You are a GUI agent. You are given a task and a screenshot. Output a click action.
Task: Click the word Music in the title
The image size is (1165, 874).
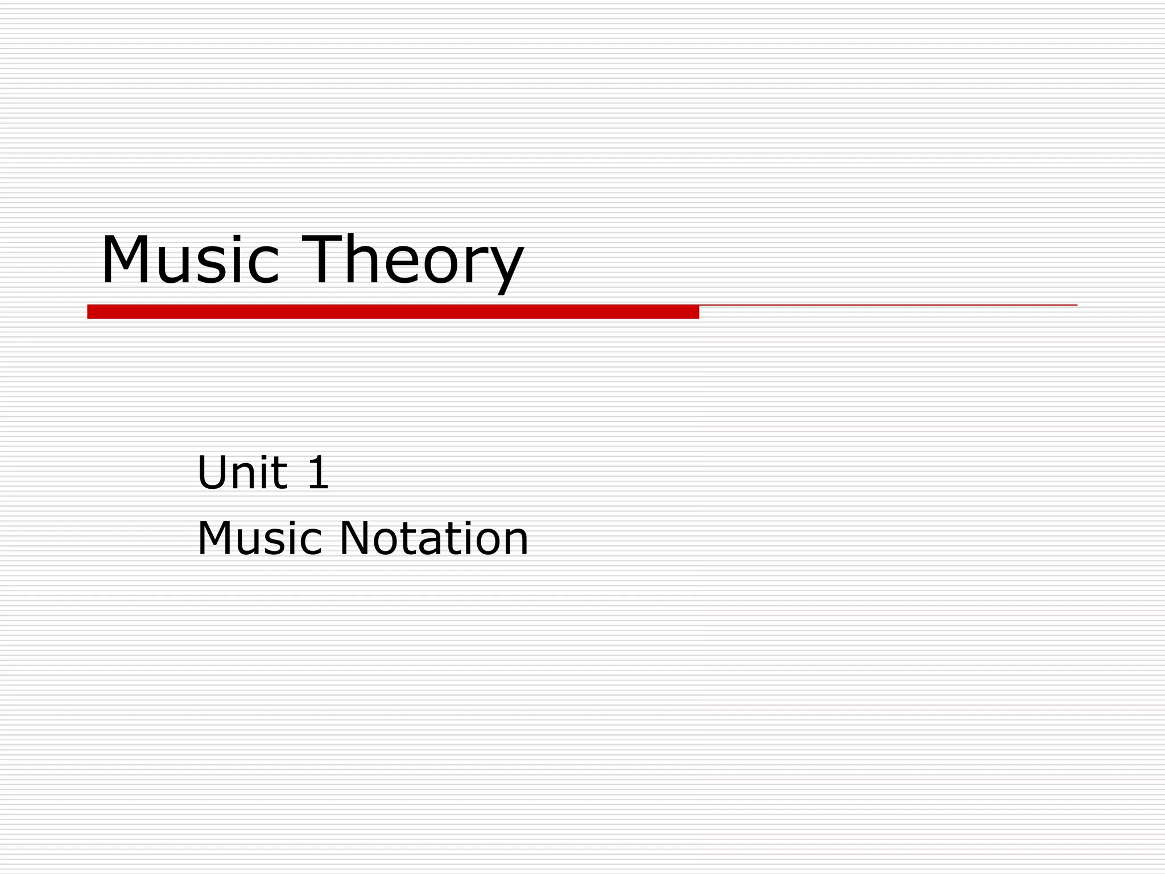point(190,260)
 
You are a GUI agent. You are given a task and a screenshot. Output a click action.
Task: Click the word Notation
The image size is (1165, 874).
point(433,538)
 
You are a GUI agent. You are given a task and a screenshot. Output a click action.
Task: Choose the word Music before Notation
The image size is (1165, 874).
point(260,538)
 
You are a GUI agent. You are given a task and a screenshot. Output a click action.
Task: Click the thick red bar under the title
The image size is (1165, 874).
point(393,312)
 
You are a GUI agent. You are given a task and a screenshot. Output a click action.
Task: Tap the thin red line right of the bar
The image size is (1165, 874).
point(887,306)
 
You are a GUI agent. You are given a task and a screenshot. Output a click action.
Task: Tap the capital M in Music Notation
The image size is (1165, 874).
point(217,538)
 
